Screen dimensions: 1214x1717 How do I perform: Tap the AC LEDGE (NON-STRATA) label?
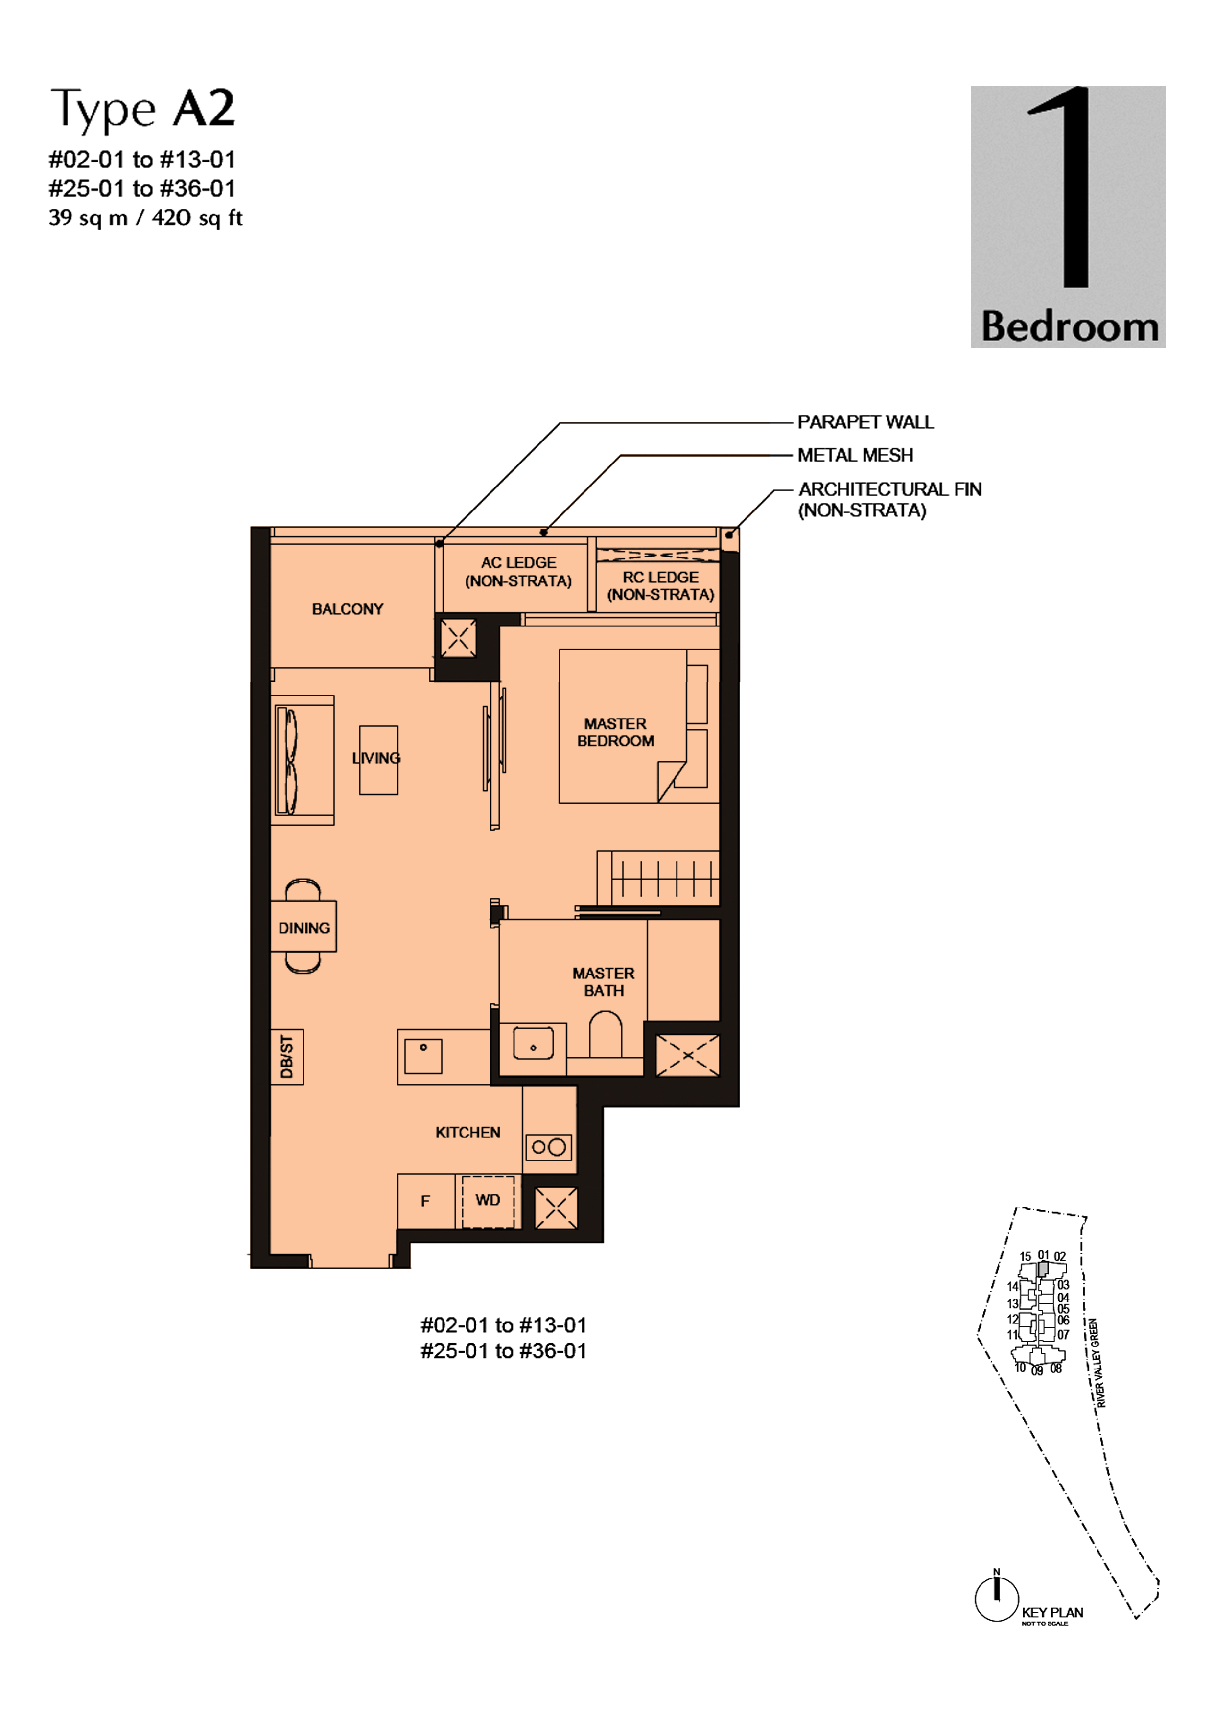point(518,571)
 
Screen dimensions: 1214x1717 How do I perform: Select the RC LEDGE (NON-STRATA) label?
point(660,585)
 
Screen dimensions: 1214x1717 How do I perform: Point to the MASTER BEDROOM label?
point(616,732)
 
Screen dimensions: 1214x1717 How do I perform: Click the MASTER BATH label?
point(604,982)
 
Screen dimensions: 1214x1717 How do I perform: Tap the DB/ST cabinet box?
point(287,1057)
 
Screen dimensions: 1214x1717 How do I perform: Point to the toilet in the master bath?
point(605,1034)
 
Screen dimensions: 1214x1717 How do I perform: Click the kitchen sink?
point(423,1056)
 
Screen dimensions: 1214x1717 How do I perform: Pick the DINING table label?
point(303,928)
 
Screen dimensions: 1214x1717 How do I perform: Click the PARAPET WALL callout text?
point(865,422)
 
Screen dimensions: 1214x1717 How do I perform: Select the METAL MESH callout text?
point(855,455)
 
